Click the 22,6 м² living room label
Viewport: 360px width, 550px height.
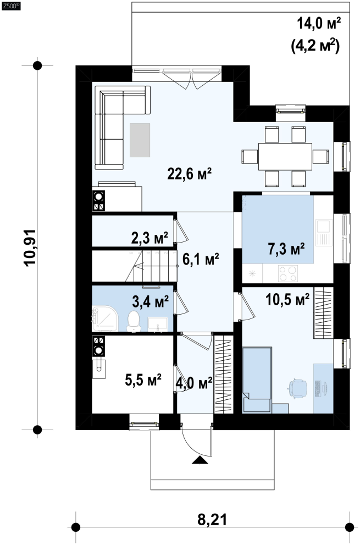click(x=189, y=174)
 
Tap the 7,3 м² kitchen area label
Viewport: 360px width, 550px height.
click(x=286, y=249)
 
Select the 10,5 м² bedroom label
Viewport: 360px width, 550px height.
click(x=287, y=299)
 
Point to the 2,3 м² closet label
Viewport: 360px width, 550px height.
click(x=149, y=238)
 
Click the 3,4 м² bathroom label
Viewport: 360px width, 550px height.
click(x=151, y=301)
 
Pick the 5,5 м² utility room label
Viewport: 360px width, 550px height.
click(x=143, y=380)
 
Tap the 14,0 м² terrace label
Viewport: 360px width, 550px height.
click(x=319, y=24)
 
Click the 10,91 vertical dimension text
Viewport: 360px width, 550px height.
click(x=30, y=248)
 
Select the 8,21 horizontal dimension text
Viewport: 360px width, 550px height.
click(x=212, y=519)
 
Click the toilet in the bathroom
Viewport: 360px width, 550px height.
click(x=134, y=321)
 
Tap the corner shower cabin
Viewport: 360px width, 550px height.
click(x=105, y=318)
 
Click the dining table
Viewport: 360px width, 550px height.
click(x=285, y=156)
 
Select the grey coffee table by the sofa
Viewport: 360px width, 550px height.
click(x=140, y=140)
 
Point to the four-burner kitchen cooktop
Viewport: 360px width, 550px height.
click(x=288, y=273)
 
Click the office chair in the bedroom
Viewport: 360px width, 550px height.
click(x=297, y=388)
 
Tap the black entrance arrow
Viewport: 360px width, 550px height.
click(x=200, y=460)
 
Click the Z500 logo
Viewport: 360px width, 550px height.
click(x=11, y=5)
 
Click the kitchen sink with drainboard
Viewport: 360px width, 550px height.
click(x=324, y=232)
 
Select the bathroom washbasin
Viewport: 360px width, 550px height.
click(x=158, y=324)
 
